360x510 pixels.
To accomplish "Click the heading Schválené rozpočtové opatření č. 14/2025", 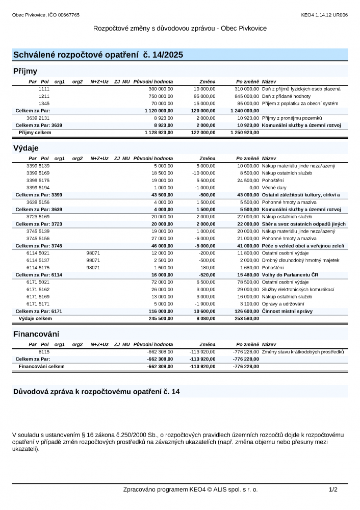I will (x=98, y=55).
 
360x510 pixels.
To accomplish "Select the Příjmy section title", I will (x=25, y=71).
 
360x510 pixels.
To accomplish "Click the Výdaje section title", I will (x=26, y=148).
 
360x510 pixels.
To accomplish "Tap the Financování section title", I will (x=36, y=334).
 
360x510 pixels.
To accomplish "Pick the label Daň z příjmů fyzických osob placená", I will (x=301, y=89).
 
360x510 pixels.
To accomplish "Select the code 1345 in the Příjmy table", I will (x=44, y=103).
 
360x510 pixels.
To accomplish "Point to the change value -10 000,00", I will (x=203, y=173).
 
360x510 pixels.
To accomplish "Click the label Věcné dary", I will (x=274, y=187).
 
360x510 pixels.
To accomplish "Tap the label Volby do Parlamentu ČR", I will (x=290, y=275).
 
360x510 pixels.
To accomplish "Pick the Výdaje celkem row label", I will (x=35, y=318).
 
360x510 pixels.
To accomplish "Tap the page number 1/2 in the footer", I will (x=333, y=490).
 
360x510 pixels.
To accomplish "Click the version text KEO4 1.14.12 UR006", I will (x=324, y=15).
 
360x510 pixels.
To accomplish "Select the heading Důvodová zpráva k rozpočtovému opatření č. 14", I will (x=96, y=392).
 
